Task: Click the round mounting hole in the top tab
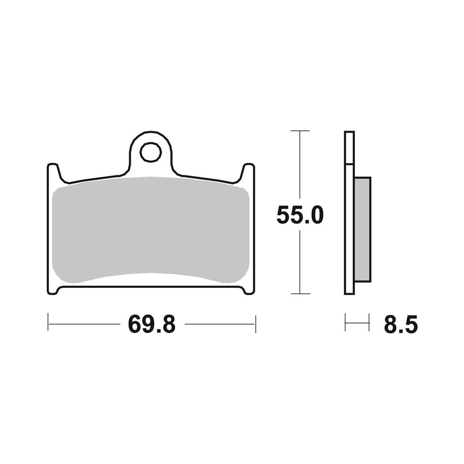click(151, 152)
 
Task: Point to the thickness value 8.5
click(400, 324)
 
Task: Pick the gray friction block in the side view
click(362, 229)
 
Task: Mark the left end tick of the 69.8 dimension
click(48, 323)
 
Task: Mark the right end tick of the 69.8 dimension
click(255, 323)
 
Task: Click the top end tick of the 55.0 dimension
click(300, 131)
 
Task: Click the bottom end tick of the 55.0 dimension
click(300, 294)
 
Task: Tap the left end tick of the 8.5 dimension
click(345, 323)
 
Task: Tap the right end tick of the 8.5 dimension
click(369, 323)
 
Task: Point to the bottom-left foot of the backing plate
click(53, 290)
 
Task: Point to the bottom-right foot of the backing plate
click(249, 290)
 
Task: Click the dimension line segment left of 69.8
click(84, 324)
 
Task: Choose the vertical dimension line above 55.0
click(300, 167)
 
